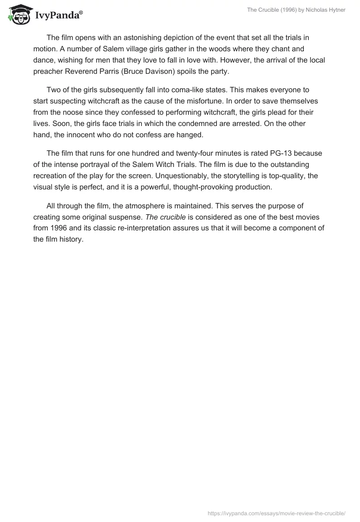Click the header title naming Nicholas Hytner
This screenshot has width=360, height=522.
tap(296, 10)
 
